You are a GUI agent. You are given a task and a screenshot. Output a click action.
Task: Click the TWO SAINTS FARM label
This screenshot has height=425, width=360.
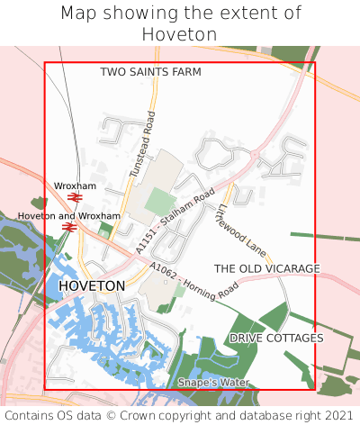pos(150,71)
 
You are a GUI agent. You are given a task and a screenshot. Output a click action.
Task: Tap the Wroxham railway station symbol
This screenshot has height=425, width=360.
pos(75,196)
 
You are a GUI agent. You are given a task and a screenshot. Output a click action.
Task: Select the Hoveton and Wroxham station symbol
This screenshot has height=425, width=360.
pos(68,227)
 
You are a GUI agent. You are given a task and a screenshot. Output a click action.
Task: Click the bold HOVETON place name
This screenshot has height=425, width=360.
pos(92,285)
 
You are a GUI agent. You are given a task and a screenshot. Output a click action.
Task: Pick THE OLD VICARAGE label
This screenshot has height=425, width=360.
pos(266,268)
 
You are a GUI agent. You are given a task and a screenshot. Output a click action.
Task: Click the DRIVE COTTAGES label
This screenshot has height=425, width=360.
pos(276,338)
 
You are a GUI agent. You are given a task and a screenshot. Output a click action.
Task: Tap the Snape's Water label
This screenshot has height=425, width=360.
pos(212,383)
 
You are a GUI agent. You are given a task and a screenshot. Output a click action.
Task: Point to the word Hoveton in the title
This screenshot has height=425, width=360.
pos(180,34)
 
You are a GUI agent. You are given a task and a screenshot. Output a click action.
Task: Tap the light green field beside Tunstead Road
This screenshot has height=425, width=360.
pos(160,202)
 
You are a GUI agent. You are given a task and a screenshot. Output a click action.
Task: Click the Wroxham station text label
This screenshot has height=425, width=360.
pos(75,185)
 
